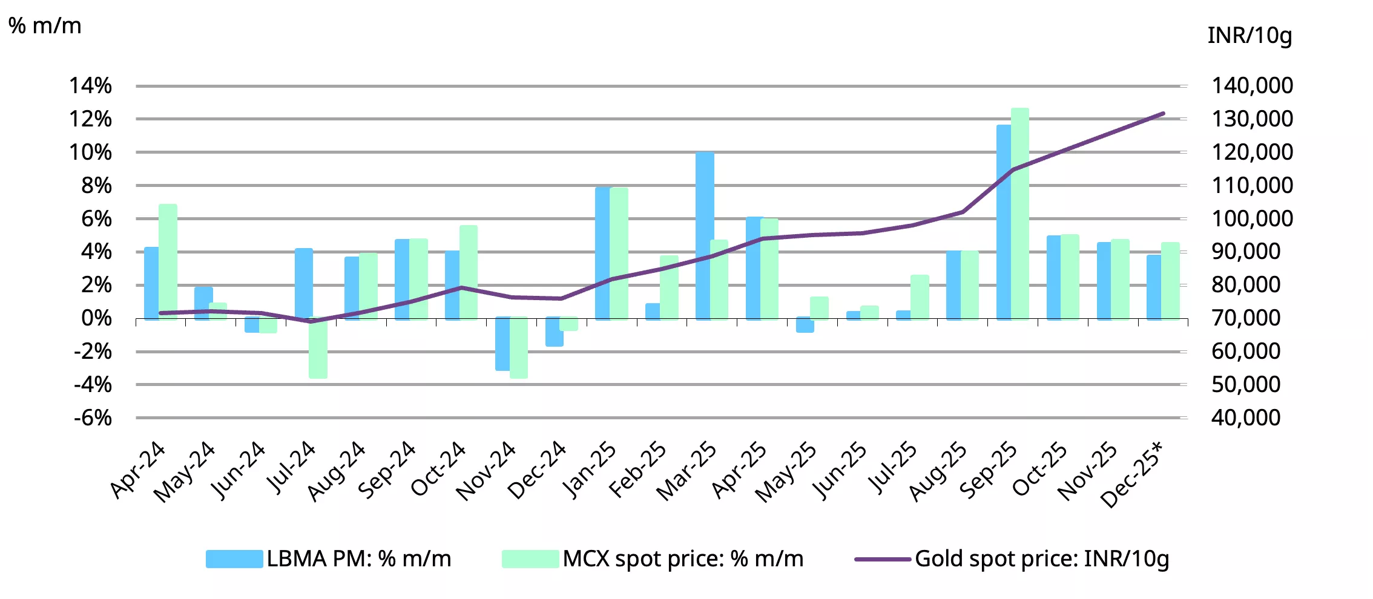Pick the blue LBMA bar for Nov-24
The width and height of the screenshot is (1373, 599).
tap(502, 344)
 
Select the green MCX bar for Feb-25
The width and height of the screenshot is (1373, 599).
tap(670, 287)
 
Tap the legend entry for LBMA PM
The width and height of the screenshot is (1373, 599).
tap(329, 558)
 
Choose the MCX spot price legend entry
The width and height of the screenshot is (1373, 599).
tap(653, 558)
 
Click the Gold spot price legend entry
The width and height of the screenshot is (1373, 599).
tap(1011, 558)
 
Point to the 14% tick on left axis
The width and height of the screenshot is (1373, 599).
tap(91, 86)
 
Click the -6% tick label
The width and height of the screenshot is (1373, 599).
tap(93, 417)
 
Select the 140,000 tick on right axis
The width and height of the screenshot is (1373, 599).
tap(1252, 86)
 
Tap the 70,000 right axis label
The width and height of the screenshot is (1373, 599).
tap(1246, 318)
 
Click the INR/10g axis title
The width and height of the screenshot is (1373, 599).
tap(1250, 36)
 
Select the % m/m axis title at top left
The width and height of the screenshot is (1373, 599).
tap(45, 25)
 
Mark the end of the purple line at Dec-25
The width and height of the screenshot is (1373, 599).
tap(1163, 113)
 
